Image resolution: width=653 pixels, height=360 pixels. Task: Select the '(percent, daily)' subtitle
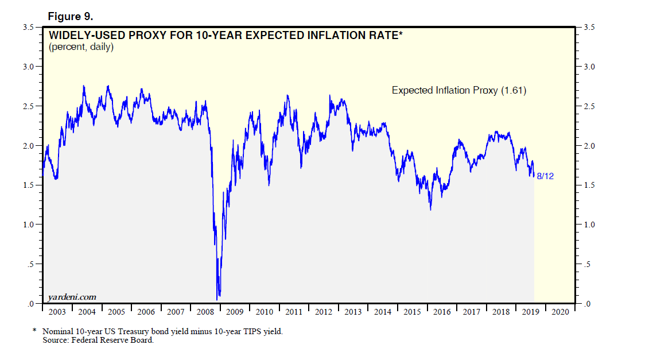click(81, 47)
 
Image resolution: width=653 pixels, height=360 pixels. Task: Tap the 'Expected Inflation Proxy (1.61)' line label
click(459, 90)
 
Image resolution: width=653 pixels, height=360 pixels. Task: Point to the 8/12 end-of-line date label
click(545, 176)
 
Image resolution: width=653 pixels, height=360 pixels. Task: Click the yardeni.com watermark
click(71, 297)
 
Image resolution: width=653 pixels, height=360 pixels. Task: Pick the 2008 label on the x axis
click(205, 312)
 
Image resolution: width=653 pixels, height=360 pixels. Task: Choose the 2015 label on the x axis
click(413, 312)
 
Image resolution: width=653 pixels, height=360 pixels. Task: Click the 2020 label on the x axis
click(560, 312)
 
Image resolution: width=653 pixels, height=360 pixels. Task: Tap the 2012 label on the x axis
click(324, 312)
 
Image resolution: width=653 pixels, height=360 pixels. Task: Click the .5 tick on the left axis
click(32, 264)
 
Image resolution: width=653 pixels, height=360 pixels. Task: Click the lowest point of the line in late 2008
click(217, 299)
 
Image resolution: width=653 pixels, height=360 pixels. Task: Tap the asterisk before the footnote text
click(34, 331)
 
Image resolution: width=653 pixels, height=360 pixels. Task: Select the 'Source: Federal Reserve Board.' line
click(98, 340)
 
